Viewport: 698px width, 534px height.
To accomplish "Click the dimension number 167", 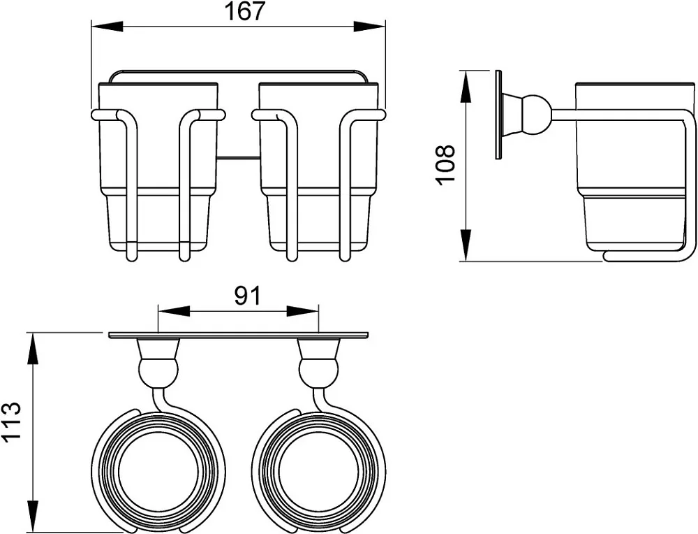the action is coord(244,11).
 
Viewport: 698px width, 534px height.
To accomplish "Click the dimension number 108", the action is coord(445,163).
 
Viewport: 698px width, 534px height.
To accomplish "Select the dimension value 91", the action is coord(247,296).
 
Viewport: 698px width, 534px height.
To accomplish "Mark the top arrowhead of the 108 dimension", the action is coord(466,87).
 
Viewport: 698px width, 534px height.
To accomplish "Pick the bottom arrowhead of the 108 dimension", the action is coord(466,245).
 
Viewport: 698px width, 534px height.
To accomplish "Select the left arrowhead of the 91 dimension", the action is coord(174,311).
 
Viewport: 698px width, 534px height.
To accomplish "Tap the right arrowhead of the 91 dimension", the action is coord(303,311).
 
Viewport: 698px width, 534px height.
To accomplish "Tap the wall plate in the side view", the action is coord(499,115).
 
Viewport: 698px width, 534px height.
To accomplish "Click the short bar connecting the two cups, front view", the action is coord(238,157).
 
